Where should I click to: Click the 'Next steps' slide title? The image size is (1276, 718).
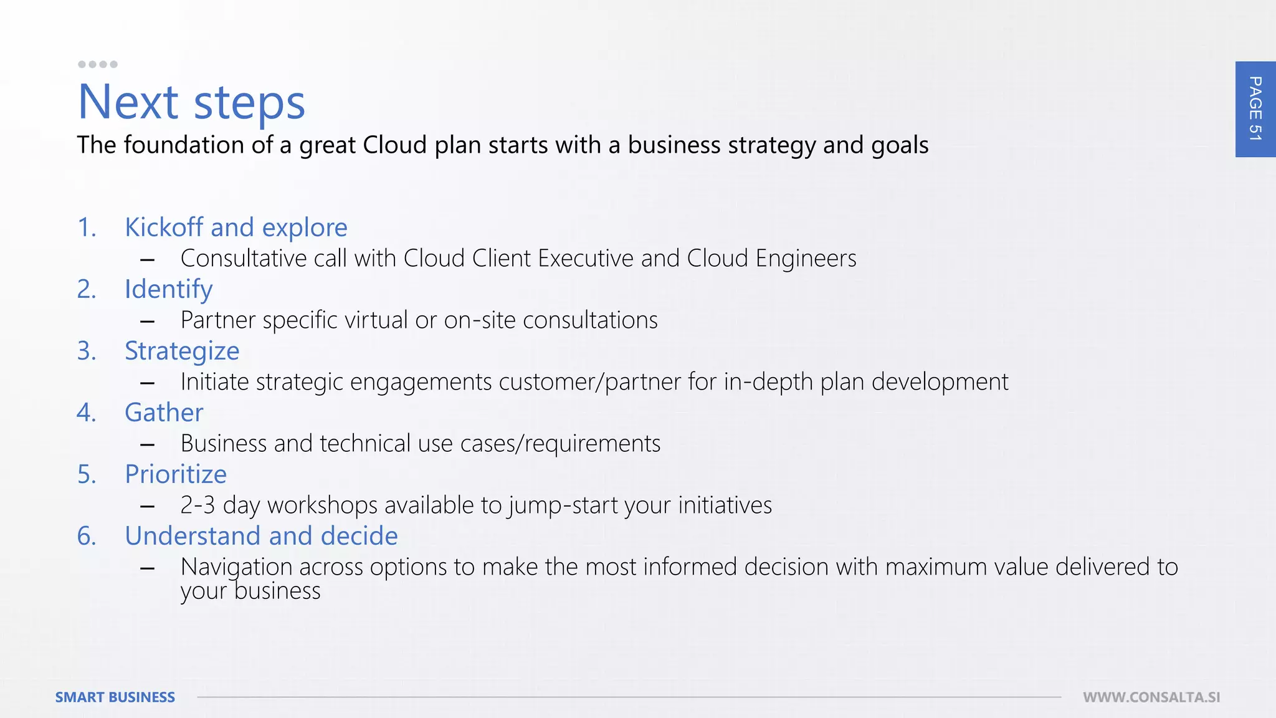pos(191,102)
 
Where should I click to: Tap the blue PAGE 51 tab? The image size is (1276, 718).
pos(1255,109)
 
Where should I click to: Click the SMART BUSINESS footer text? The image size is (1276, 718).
pos(115,697)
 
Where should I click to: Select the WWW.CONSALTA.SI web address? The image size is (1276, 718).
pos(1151,697)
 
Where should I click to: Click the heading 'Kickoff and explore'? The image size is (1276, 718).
pos(236,227)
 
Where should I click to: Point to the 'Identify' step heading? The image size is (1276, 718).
pos(168,289)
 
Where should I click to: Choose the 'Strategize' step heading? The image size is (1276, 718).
pos(182,351)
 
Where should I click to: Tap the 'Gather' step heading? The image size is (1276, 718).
pos(164,413)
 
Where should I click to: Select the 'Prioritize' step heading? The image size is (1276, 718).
pos(176,474)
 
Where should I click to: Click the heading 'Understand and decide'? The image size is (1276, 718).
pos(261,536)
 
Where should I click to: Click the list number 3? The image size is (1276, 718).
pos(87,351)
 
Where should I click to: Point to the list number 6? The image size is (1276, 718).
pos(87,536)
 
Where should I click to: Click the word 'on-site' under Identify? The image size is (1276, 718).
pos(480,320)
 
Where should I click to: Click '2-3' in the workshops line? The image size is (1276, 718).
pos(198,505)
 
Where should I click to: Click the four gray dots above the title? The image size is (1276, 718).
pos(97,64)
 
